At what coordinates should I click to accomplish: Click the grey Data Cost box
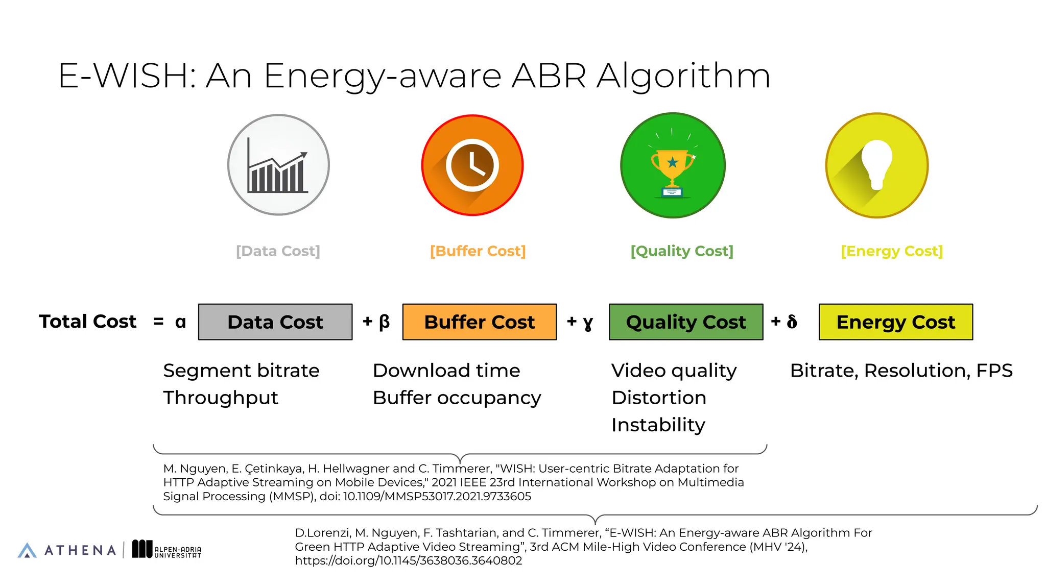275,322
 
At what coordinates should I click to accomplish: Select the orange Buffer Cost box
479,322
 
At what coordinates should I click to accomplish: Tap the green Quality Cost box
686,322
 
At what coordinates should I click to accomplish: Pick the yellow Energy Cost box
895,322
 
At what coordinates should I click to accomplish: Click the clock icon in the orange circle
472,165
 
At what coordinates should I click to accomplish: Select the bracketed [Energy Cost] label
892,251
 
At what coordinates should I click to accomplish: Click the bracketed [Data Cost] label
278,251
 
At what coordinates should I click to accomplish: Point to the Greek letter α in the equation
180,322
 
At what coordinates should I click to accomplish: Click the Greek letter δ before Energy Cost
792,322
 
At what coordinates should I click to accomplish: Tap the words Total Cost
88,322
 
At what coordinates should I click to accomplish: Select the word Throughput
221,398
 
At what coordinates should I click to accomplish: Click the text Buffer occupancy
457,398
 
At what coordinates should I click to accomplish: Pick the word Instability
658,425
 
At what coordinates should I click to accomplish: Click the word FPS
994,371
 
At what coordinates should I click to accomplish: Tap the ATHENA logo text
80,550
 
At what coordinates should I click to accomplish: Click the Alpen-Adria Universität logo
167,550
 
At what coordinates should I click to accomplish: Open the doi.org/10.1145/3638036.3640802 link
409,560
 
